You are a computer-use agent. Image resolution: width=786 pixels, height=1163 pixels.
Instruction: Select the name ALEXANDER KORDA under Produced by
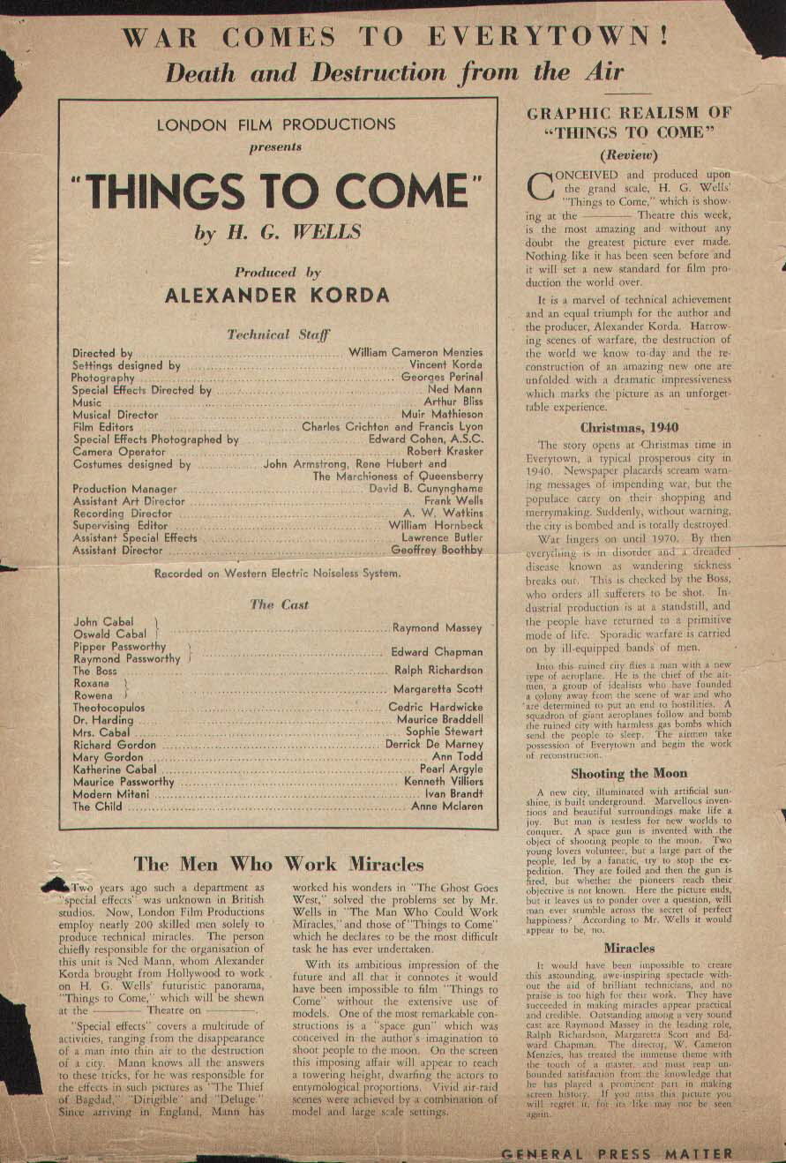[277, 296]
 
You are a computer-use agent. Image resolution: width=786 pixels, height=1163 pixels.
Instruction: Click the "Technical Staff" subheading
[278, 334]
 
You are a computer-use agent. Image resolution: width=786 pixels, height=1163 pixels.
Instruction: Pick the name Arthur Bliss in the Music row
[453, 401]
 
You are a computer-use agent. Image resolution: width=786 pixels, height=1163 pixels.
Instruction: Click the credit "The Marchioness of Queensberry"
[398, 476]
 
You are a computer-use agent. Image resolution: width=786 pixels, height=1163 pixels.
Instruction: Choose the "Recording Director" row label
[122, 513]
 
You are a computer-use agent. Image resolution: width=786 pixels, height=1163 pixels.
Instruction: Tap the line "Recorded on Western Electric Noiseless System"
[277, 573]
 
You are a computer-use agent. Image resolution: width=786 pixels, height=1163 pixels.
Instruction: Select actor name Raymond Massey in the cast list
[438, 627]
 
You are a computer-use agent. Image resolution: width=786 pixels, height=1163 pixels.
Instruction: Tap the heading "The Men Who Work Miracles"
[278, 864]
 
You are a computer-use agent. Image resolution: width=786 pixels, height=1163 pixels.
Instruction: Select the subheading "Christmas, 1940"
[628, 427]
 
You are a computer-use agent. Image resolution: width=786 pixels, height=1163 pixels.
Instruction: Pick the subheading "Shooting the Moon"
[628, 773]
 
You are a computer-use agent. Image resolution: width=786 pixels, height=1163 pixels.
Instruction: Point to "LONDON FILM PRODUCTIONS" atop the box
[276, 125]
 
